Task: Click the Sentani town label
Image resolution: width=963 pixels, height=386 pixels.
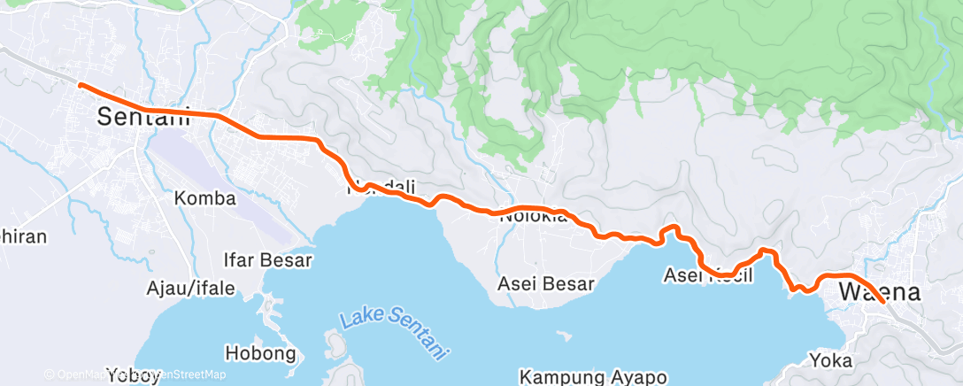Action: point(143,116)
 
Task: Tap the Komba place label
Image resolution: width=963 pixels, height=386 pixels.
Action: point(205,198)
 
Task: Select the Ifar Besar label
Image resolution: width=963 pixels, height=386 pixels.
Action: point(267,260)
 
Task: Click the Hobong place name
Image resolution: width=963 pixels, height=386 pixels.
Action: point(260,354)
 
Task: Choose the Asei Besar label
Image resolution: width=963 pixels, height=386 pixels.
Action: point(545,284)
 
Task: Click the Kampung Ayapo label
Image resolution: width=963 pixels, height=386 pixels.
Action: point(592,377)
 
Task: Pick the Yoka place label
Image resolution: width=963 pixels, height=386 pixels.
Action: point(830,360)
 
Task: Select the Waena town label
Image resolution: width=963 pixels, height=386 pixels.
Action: point(880,292)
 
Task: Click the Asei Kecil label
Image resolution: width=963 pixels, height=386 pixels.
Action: point(708,276)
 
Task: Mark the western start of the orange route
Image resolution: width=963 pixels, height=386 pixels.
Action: point(81,85)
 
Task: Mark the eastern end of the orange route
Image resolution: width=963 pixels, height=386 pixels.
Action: point(883,302)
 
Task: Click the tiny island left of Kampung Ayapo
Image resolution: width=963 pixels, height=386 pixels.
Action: point(561,336)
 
